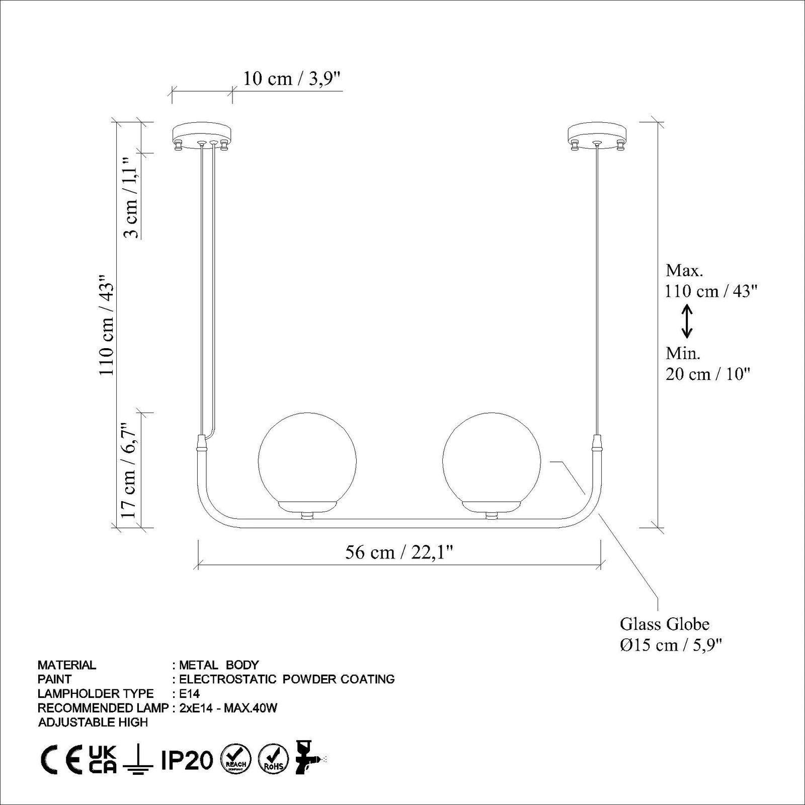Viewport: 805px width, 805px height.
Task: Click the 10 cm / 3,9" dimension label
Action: coord(292,79)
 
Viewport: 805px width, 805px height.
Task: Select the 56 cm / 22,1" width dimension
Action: coord(399,552)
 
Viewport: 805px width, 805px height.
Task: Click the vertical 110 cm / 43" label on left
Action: coord(106,325)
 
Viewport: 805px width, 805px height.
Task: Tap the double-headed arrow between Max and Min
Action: coord(687,322)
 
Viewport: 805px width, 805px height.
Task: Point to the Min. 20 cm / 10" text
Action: coord(707,364)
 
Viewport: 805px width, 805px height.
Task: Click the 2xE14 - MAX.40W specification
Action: coord(228,708)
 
